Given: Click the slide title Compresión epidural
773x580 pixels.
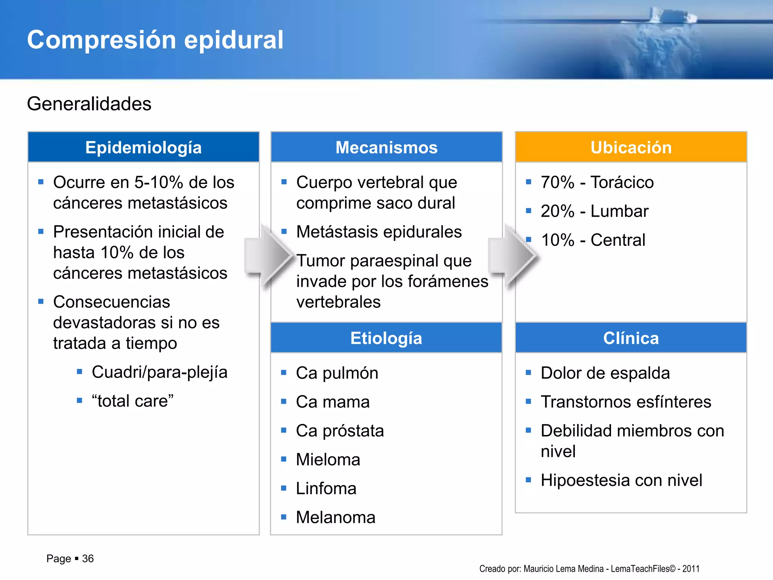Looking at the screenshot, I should tap(155, 40).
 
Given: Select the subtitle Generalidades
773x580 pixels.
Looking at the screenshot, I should tap(89, 104).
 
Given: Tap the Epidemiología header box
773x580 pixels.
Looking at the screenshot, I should tap(143, 147).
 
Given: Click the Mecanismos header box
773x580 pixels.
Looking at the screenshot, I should tap(386, 147).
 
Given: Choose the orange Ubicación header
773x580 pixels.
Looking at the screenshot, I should tap(631, 147).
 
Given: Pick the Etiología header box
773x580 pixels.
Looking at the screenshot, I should tap(386, 338).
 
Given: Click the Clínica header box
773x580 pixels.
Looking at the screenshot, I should tap(631, 338).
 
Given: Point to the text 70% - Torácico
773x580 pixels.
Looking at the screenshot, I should tap(597, 182).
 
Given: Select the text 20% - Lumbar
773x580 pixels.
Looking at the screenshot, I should tap(594, 211).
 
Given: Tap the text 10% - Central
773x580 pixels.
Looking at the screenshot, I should tap(593, 240).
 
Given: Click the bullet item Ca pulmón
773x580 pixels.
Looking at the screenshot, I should tap(337, 373).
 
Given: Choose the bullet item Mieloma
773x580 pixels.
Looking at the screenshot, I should tap(328, 460).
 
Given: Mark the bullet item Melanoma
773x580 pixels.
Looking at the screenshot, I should tap(336, 517).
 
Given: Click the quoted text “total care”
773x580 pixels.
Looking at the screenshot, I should tap(132, 401).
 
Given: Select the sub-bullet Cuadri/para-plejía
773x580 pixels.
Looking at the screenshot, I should tap(160, 372).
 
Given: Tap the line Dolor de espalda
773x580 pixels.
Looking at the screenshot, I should tap(605, 373).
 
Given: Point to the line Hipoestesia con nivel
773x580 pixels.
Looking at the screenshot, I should tap(621, 480).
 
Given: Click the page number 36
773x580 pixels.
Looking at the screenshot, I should tap(88, 558).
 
